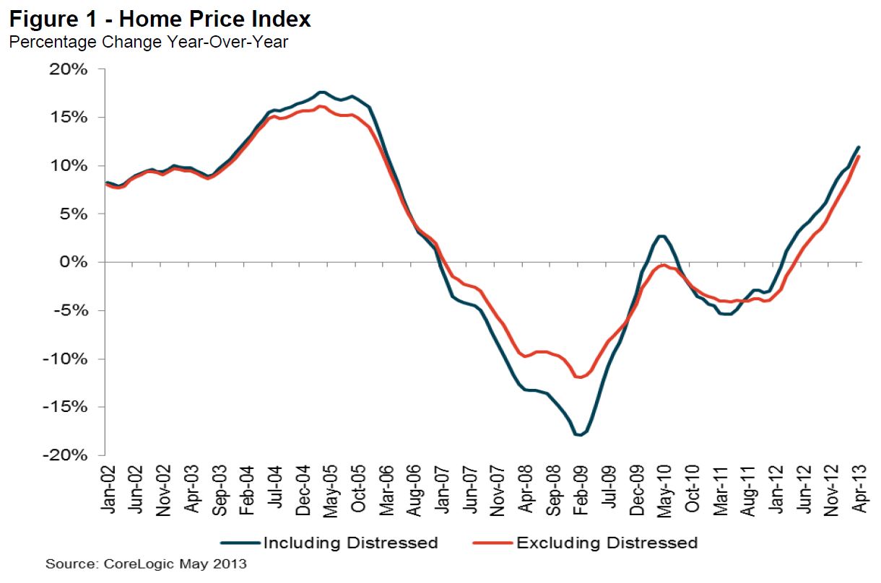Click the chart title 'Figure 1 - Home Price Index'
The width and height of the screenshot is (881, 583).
[160, 19]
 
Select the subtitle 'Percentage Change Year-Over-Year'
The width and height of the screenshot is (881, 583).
[148, 42]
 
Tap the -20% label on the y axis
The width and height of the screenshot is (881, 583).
[69, 455]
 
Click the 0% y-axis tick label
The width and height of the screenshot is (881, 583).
[77, 262]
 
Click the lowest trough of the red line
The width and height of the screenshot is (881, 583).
[579, 377]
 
